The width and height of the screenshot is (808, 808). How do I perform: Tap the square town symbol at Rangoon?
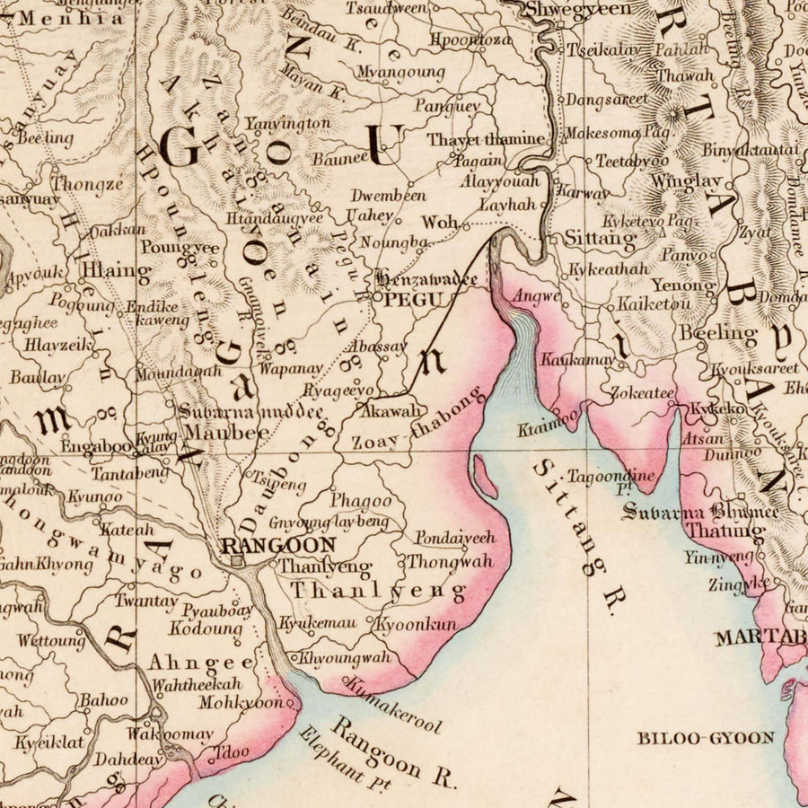coord(236,561)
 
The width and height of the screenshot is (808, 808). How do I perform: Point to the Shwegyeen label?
coord(578,9)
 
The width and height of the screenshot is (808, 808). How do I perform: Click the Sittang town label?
coord(600,240)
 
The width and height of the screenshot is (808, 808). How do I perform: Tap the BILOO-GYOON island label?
coord(706,738)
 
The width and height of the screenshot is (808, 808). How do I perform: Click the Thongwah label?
coord(450,562)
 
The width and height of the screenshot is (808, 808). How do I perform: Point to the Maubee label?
coord(227,432)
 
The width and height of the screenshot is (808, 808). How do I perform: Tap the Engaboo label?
coord(96,444)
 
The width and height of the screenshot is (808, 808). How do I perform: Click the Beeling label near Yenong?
coord(718,333)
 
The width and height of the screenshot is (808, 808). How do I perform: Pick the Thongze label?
coord(87,185)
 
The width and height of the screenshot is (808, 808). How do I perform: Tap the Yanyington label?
coord(287,123)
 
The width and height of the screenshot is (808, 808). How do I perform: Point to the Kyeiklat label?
coord(48,742)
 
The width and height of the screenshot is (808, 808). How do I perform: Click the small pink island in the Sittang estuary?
coord(484,477)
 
